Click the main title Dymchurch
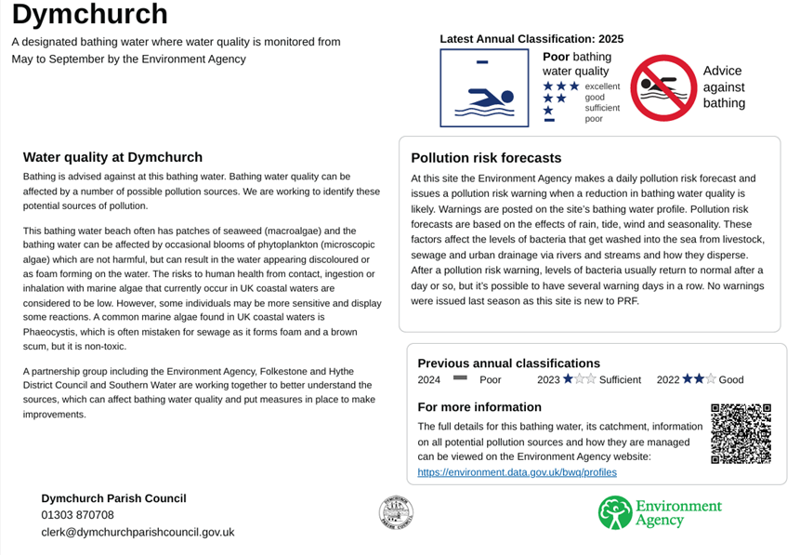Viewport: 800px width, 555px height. click(90, 15)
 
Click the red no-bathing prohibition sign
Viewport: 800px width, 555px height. click(663, 87)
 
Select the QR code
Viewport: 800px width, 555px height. click(741, 433)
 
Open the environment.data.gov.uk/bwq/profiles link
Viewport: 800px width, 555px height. click(517, 472)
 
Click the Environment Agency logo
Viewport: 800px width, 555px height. click(660, 512)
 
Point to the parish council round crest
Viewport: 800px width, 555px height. click(396, 512)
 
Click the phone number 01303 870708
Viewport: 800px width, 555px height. click(77, 515)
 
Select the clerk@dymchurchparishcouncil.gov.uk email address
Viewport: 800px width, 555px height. click(138, 532)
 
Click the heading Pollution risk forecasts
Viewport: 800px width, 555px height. click(486, 158)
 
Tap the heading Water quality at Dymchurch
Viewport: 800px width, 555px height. click(112, 157)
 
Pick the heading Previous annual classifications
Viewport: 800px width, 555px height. click(508, 363)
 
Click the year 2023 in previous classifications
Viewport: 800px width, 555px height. click(548, 380)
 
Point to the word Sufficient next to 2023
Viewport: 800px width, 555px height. click(620, 380)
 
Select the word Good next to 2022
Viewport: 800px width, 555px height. click(731, 380)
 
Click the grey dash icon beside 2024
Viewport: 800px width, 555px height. click(459, 379)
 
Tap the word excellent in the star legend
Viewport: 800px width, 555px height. click(601, 86)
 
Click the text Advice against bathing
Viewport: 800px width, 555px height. click(724, 86)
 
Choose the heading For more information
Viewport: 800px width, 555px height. click(479, 407)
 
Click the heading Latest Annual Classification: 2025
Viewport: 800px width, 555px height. click(531, 39)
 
